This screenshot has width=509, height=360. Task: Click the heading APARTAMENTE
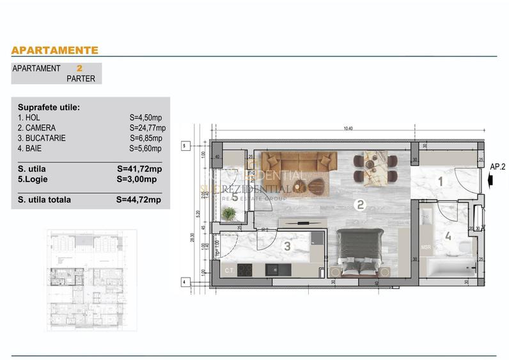(x=55, y=50)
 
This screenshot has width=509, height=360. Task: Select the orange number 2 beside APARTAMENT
(x=79, y=68)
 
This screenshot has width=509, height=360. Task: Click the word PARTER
(x=81, y=79)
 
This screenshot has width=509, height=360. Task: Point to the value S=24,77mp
(x=147, y=128)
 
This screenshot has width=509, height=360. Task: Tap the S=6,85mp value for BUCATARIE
(x=146, y=138)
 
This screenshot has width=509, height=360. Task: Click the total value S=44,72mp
(x=139, y=200)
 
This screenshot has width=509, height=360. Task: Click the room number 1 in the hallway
(x=440, y=182)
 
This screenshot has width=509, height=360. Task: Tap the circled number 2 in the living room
(x=361, y=205)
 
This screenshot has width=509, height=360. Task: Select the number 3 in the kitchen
(x=288, y=246)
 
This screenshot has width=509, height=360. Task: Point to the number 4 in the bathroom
(x=448, y=236)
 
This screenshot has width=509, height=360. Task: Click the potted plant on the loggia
(x=228, y=214)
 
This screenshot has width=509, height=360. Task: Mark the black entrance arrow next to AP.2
(x=489, y=181)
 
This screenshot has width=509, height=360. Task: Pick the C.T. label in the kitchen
(x=228, y=271)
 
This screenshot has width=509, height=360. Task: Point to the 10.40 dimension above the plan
(x=347, y=129)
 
